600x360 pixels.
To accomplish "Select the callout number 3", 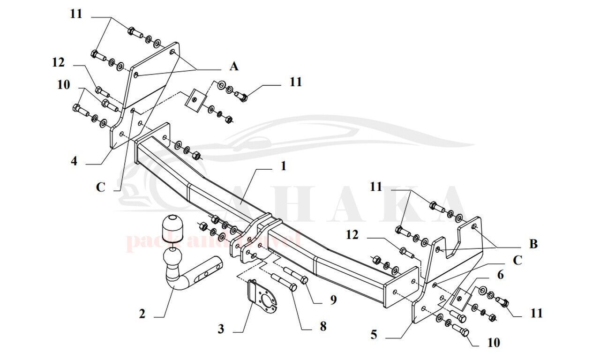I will click(x=220, y=329).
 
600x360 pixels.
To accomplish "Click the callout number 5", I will click(x=373, y=335).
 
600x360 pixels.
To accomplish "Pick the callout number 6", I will click(x=500, y=275).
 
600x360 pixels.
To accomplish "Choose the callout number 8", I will click(x=323, y=326).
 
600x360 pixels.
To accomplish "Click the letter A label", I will click(x=233, y=67).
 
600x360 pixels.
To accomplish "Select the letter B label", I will click(x=533, y=244).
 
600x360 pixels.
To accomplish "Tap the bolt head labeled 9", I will click(x=304, y=280).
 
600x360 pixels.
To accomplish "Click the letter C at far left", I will click(x=101, y=187).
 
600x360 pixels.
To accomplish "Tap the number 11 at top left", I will click(x=76, y=14).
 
